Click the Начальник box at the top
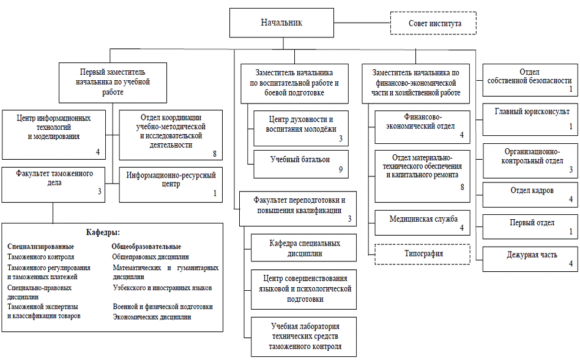pyautogui.click(x=281, y=23)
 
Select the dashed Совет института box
pyautogui.click(x=433, y=23)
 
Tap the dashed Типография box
pyautogui.click(x=422, y=254)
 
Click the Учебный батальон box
pyautogui.click(x=301, y=164)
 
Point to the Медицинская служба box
pyautogui.click(x=422, y=223)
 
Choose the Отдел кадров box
pyautogui.click(x=530, y=195)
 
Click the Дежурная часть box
pyautogui.click(x=530, y=259)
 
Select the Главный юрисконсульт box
pyautogui.click(x=530, y=119)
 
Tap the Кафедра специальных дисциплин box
pyautogui.click(x=303, y=247)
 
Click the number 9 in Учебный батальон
pyautogui.click(x=341, y=170)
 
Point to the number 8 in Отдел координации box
pyautogui.click(x=215, y=154)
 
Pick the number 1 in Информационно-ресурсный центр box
pyautogui.click(x=215, y=193)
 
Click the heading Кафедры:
pyautogui.click(x=103, y=233)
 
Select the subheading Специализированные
pyautogui.click(x=41, y=246)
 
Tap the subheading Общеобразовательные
pyautogui.click(x=146, y=246)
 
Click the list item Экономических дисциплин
pyautogui.click(x=152, y=317)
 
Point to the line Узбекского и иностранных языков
pyautogui.click(x=162, y=288)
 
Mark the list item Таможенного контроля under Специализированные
pyautogui.click(x=41, y=257)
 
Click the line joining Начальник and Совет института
pyautogui.click(x=362, y=23)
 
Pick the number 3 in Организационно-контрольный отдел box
pyautogui.click(x=571, y=170)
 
